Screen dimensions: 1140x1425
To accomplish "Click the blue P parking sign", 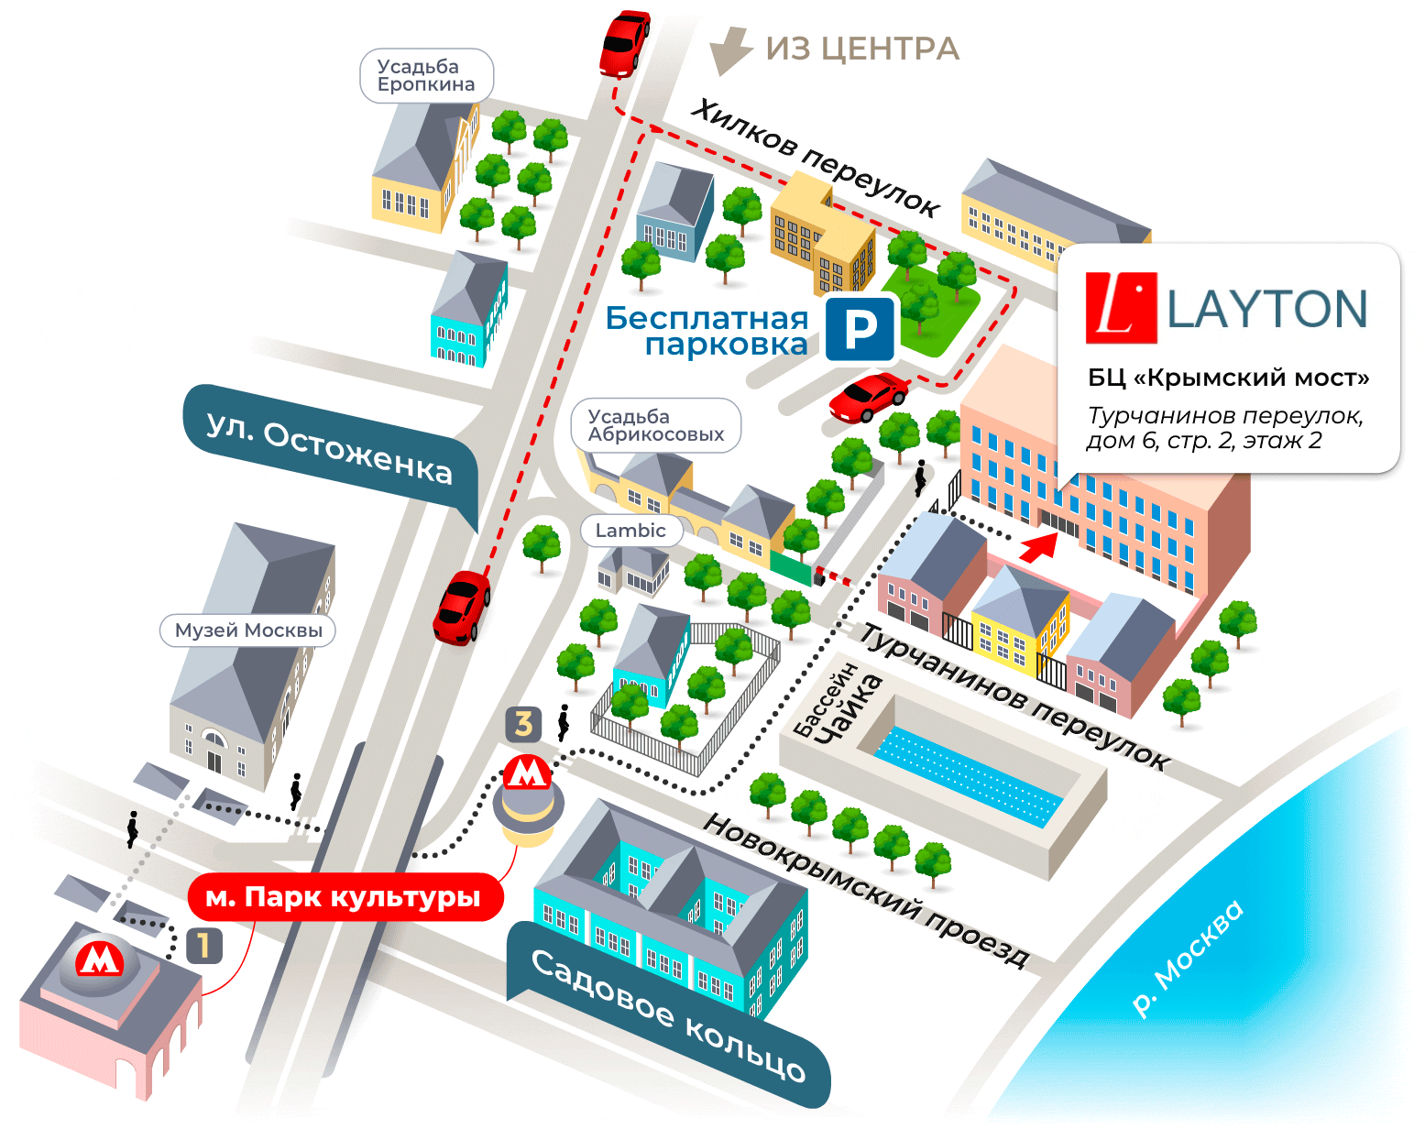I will pos(859,329).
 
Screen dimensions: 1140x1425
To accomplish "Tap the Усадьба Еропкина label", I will pos(426,76).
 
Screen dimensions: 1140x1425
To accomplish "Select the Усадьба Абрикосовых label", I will pos(655,426).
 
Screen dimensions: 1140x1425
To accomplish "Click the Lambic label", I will pos(630,531).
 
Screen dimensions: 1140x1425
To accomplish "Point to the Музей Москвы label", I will pos(248,630).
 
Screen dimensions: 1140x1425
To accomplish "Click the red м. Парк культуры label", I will pos(344,897).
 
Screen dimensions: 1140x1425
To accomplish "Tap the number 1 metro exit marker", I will pos(203,946).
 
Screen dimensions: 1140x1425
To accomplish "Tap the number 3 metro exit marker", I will pos(523,724).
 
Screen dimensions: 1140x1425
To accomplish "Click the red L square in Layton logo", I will pos(1120,308).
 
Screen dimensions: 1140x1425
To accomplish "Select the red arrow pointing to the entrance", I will pos(1039,547).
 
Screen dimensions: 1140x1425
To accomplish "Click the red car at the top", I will pos(625,42).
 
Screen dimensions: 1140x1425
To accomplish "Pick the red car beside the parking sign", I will pos(867,397).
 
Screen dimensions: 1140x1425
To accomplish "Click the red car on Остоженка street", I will pos(462,608).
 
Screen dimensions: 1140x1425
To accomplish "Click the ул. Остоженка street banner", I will pos(330,449).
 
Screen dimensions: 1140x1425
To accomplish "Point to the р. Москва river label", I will pos(1189,958).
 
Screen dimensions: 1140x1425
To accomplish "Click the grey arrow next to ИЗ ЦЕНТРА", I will pos(729,50).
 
